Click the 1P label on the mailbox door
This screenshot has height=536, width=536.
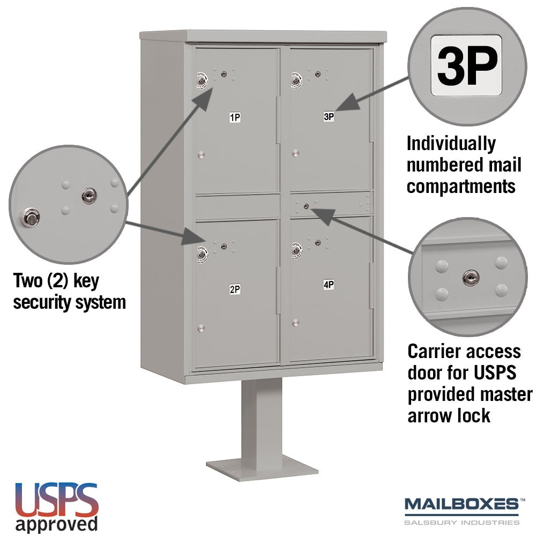(x=235, y=117)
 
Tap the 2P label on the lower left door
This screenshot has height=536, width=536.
(x=235, y=289)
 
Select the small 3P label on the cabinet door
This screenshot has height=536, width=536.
(x=329, y=116)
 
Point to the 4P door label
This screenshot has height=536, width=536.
(x=329, y=285)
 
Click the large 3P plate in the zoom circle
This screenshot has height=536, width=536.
(x=466, y=65)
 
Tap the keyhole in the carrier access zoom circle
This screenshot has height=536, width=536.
(x=471, y=278)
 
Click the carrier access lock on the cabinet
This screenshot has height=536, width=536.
(x=306, y=206)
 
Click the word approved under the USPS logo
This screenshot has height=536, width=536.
(x=57, y=524)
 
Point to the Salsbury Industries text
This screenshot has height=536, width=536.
(x=462, y=522)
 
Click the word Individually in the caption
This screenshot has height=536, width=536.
(x=451, y=144)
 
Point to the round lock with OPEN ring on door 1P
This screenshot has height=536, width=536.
(x=202, y=81)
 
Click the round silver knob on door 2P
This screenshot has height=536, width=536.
(x=201, y=328)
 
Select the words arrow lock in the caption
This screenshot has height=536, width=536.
(x=449, y=416)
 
